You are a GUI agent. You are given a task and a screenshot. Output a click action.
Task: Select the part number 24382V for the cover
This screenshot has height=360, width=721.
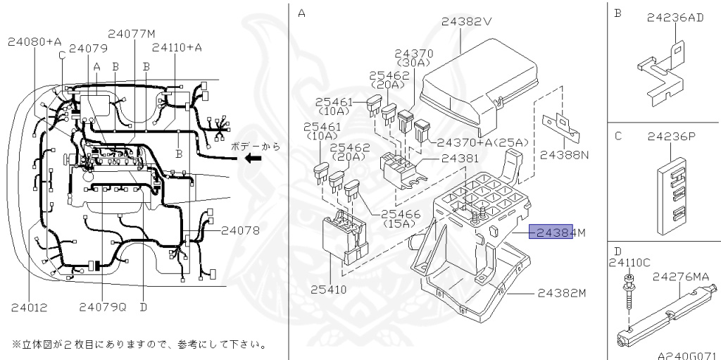[x=466, y=21]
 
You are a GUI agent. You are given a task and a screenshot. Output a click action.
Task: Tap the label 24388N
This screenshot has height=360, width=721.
[x=564, y=155]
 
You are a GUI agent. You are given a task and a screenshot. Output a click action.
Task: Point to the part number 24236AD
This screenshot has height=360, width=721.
[x=675, y=18]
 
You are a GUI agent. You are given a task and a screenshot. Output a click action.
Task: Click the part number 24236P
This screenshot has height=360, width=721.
[x=670, y=136]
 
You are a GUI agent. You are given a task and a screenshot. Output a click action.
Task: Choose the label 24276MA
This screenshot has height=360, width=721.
[x=681, y=276]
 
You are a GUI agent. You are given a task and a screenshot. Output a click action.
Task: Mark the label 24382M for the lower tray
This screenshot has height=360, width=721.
[x=561, y=293]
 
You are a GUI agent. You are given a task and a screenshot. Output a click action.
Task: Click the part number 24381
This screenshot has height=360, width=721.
[x=460, y=159]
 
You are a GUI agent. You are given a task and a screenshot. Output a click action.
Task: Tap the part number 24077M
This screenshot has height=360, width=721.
[x=132, y=34]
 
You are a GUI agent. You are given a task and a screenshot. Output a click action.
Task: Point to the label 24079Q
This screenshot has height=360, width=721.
[x=103, y=306]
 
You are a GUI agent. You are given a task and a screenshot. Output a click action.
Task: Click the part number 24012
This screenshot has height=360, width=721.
[x=29, y=307]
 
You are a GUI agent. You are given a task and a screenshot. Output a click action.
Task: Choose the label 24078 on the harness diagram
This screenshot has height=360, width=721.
[x=240, y=230]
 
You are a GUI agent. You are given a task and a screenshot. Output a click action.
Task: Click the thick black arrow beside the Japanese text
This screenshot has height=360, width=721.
[x=253, y=159]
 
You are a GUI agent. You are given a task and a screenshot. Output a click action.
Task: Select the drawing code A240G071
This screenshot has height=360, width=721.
[x=688, y=355]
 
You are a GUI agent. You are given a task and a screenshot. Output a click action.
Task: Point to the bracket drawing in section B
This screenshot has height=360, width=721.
[x=661, y=74]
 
